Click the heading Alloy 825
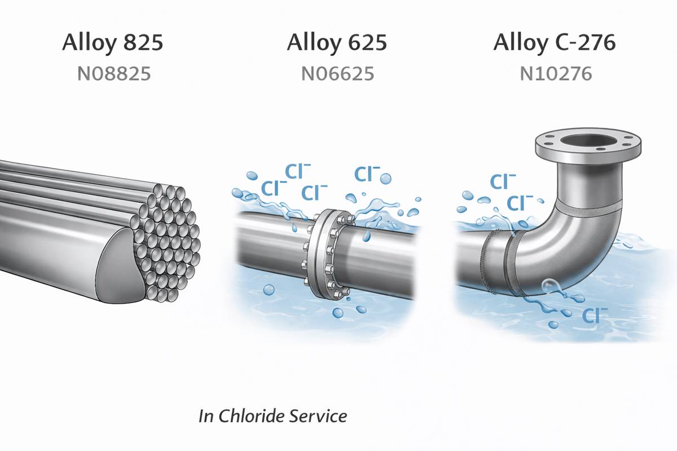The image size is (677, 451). point(112,43)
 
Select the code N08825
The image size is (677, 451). point(112,74)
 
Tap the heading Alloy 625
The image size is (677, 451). point(337,43)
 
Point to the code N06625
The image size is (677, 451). point(337,74)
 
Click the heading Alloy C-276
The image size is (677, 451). point(554,43)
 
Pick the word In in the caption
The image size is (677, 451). point(206,416)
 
